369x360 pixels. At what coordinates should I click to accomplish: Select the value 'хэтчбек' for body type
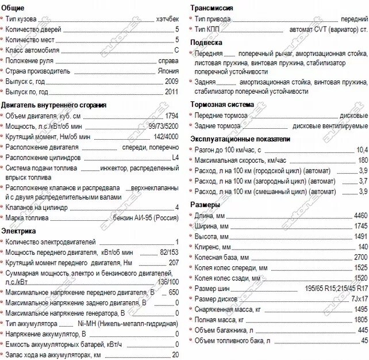click(x=167, y=19)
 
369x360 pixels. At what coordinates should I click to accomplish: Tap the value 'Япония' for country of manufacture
click(x=168, y=71)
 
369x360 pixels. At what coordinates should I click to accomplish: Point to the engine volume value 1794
click(x=171, y=116)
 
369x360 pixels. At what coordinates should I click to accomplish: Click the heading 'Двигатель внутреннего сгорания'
click(x=53, y=105)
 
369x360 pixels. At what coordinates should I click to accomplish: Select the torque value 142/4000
click(x=166, y=137)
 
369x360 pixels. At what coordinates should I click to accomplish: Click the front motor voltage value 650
click(x=173, y=293)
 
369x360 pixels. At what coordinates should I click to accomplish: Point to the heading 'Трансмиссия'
click(x=212, y=8)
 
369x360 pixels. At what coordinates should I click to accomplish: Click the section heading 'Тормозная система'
click(x=222, y=105)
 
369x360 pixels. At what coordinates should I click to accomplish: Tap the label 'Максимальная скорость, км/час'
click(x=241, y=160)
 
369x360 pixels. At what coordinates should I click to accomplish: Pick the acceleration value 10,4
click(x=362, y=150)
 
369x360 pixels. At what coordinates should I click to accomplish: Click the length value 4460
click(x=360, y=216)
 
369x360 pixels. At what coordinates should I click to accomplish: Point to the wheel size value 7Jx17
click(x=359, y=298)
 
